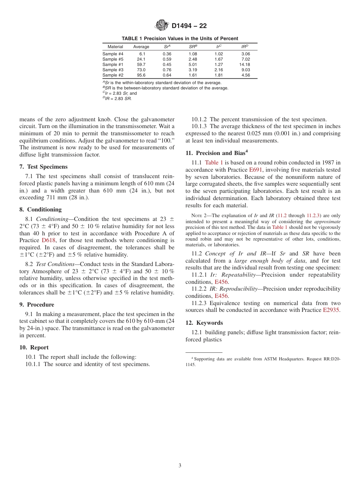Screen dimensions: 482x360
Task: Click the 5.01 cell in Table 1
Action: (193, 64)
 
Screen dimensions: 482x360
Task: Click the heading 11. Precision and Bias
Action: (216, 153)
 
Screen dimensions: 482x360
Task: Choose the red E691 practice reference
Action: (255, 170)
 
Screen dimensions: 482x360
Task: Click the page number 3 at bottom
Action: (180, 465)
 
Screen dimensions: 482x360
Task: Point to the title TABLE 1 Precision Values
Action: (180, 38)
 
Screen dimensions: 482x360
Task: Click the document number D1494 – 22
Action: (189, 26)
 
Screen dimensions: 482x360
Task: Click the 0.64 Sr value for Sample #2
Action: (167, 75)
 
